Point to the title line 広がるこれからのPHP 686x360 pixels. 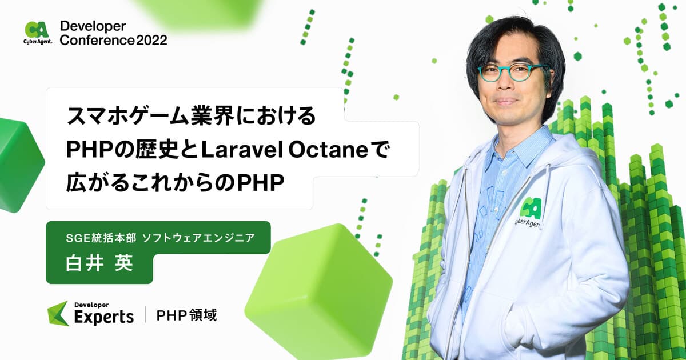point(175,183)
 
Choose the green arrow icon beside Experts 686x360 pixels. point(58,313)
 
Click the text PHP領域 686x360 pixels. point(187,314)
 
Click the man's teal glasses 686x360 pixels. point(510,73)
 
